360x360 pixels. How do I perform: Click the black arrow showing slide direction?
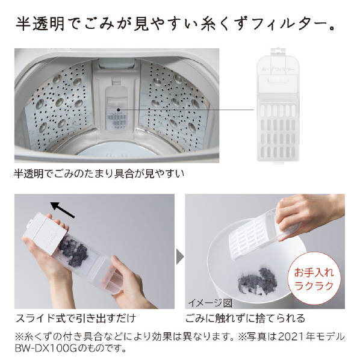[63, 209]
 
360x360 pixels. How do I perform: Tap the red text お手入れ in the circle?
[314, 273]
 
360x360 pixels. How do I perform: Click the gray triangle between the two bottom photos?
[180, 256]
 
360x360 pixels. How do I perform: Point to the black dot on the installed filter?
[118, 110]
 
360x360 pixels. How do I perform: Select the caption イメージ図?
[210, 303]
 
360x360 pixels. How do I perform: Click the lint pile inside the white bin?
[258, 282]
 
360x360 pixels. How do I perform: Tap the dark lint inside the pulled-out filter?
[74, 251]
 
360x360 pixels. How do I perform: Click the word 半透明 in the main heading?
[40, 24]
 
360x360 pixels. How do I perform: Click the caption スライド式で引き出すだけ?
[76, 318]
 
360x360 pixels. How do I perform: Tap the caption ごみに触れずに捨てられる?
[245, 318]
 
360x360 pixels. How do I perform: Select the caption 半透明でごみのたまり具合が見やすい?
[99, 173]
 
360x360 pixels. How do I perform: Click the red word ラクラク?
[314, 286]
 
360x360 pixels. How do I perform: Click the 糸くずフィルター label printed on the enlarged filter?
[278, 69]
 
